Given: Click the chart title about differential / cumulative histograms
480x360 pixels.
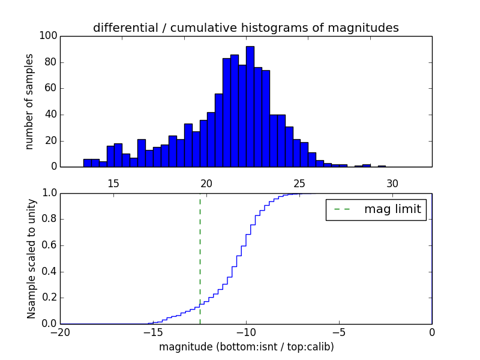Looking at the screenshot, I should point(245,28).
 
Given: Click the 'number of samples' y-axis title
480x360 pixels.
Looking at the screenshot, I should point(29,101).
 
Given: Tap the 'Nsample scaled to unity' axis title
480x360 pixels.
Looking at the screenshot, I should point(31,258).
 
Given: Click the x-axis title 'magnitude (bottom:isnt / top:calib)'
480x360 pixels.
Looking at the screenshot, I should point(246,347).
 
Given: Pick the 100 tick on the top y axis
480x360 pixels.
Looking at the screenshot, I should point(49,36).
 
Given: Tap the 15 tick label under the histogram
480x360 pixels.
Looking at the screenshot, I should point(113,184).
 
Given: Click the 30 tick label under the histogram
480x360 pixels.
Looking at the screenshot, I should point(392,184).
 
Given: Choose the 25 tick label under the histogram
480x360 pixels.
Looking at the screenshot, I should point(299,184).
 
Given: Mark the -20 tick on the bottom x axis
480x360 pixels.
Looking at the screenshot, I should point(60,332).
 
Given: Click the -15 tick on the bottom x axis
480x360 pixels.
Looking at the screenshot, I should point(153,332).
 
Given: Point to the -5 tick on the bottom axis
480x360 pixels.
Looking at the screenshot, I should point(339,332).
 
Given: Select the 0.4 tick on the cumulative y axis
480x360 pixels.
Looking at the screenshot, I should point(49,271).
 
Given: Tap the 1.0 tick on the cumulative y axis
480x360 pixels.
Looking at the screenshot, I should point(49,193).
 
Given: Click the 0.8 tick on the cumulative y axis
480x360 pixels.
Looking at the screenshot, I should point(49,219).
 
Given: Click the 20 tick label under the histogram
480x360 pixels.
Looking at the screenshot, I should point(206,184).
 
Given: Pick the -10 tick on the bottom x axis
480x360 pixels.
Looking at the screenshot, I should point(245,332).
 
